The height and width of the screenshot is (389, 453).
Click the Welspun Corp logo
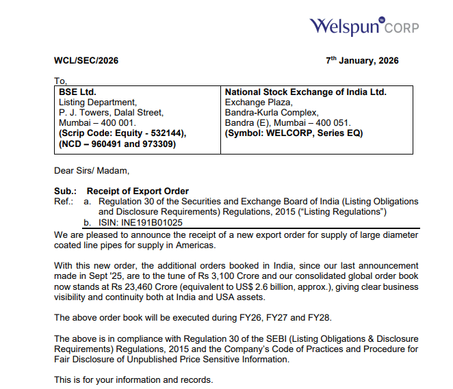pos(363,27)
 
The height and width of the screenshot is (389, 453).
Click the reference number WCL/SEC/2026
pos(86,61)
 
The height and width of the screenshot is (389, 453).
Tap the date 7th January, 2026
pos(362,61)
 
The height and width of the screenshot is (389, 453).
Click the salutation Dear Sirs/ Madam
pos(92,170)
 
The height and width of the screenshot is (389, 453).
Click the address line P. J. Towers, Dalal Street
pos(111,113)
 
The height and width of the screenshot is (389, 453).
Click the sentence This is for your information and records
pos(134,379)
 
